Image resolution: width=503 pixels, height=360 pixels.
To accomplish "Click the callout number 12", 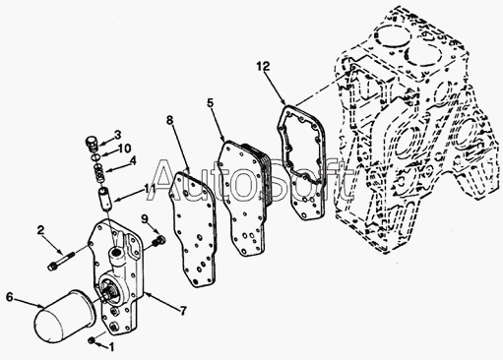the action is [263, 67].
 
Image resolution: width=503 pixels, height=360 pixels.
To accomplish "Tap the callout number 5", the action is [211, 102].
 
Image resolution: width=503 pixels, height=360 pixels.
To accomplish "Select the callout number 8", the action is [169, 120].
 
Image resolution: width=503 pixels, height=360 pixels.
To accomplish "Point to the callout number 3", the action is [117, 135].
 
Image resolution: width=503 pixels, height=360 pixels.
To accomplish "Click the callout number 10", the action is [125, 149].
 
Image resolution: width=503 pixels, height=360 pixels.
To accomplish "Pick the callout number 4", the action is [133, 160].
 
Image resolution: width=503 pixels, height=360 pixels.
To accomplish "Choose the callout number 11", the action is [151, 188].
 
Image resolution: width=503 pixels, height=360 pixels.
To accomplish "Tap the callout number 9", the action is [145, 218].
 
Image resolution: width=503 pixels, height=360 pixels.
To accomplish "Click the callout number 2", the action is [40, 230].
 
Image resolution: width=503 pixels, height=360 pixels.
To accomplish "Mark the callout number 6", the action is [10, 297].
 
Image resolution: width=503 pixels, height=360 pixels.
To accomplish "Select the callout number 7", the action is [183, 310].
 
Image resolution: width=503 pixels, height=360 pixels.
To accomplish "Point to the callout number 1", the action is [111, 347].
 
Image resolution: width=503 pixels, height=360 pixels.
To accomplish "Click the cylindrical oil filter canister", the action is [64, 316].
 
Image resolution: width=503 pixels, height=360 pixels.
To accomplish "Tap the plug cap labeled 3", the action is [92, 145].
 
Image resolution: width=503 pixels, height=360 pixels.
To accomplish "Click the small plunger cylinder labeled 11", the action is [105, 199].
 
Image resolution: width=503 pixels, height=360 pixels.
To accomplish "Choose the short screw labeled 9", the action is [158, 241].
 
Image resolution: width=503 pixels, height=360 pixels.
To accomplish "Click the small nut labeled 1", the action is [92, 340].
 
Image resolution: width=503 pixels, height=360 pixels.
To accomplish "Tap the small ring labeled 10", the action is [95, 157].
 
